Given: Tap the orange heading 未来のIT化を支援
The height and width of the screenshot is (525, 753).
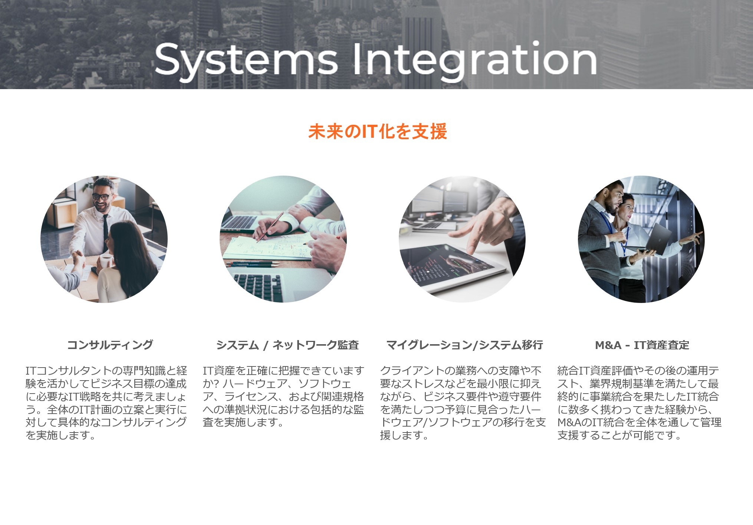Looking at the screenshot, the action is pyautogui.click(x=378, y=131).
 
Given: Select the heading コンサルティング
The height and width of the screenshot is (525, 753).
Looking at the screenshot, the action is pyautogui.click(x=110, y=345).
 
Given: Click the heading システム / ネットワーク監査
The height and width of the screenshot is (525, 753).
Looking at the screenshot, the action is pyautogui.click(x=287, y=345).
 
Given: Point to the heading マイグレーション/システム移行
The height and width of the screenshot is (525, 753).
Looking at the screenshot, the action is pyautogui.click(x=464, y=345).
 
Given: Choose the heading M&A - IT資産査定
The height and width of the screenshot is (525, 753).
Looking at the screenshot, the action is pyautogui.click(x=642, y=345).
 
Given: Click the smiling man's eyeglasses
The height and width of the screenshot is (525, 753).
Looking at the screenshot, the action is pyautogui.click(x=102, y=196).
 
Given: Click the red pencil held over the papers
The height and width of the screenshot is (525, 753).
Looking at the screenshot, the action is pyautogui.click(x=270, y=227).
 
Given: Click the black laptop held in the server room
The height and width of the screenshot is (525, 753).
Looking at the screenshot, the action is pyautogui.click(x=658, y=239).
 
